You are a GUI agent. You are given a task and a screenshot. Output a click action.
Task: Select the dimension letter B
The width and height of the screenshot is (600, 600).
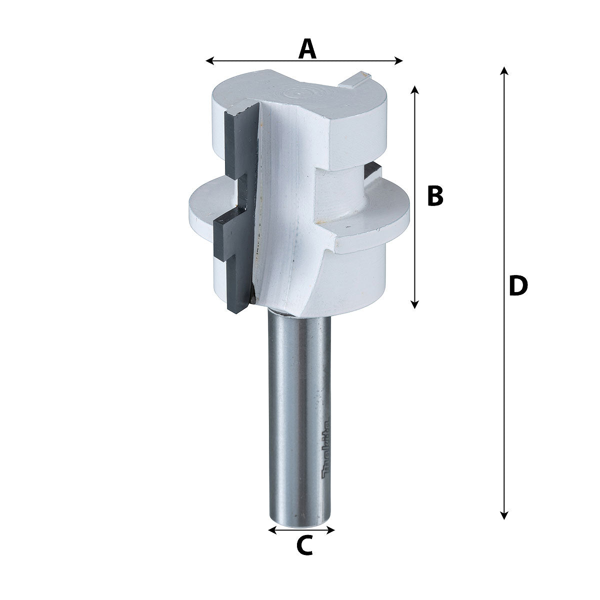click(435, 196)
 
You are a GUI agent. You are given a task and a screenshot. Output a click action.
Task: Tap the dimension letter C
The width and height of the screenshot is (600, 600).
click(304, 545)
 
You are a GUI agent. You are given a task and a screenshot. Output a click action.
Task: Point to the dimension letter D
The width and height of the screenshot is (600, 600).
click(517, 286)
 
